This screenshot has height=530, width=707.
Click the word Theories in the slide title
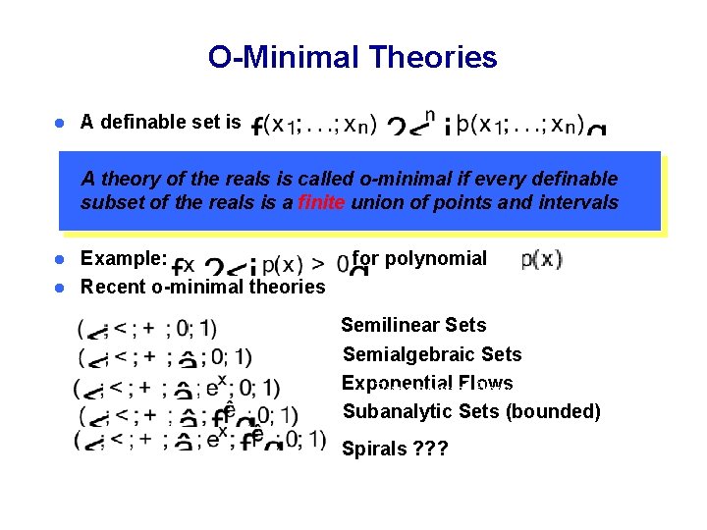click(434, 58)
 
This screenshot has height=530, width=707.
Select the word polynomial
click(436, 259)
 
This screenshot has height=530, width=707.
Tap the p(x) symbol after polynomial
click(541, 260)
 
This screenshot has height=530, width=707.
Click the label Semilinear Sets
click(413, 325)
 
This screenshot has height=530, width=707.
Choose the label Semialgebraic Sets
click(432, 354)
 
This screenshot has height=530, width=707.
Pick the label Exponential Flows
click(427, 383)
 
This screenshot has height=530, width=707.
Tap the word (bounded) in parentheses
click(553, 411)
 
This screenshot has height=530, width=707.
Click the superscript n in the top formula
click(428, 111)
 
